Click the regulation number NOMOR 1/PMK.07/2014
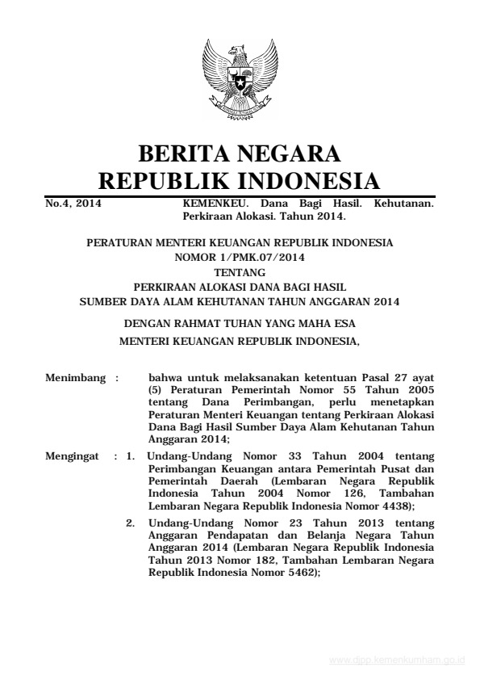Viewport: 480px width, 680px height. pyautogui.click(x=240, y=258)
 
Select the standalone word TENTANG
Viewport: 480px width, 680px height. pyautogui.click(x=240, y=272)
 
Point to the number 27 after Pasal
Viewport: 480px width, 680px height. pyautogui.click(x=399, y=376)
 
